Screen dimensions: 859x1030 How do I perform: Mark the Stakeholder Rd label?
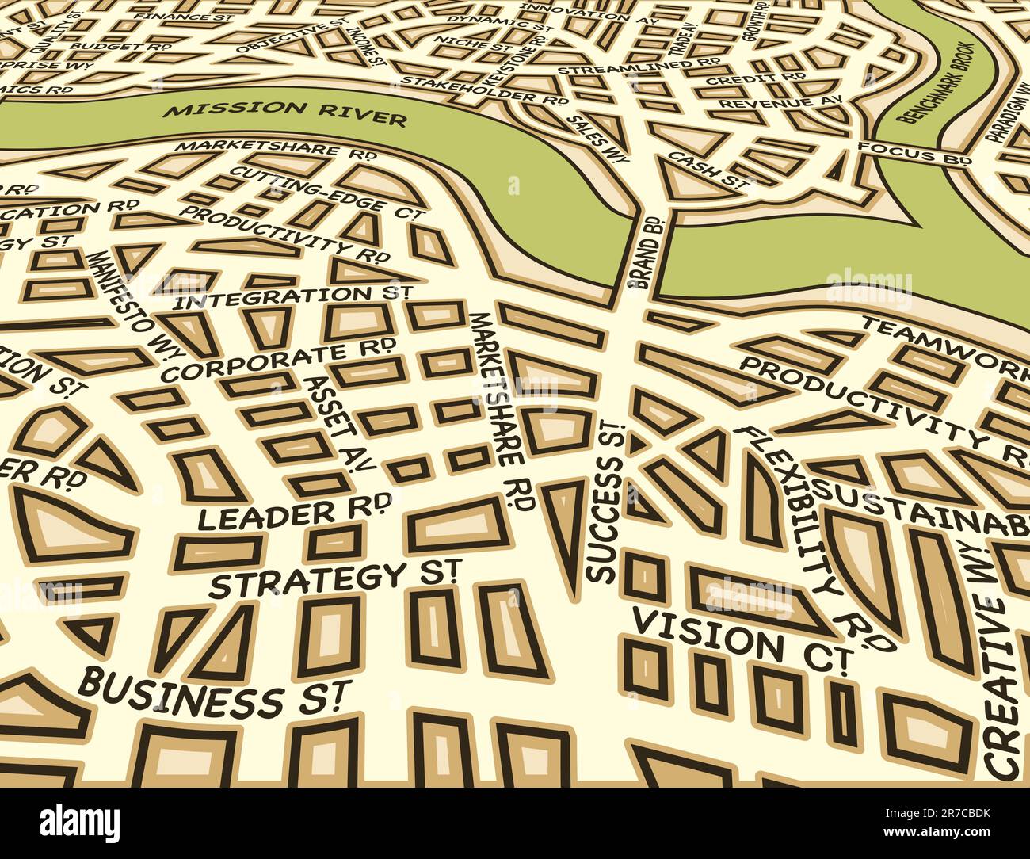pos(484,90)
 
